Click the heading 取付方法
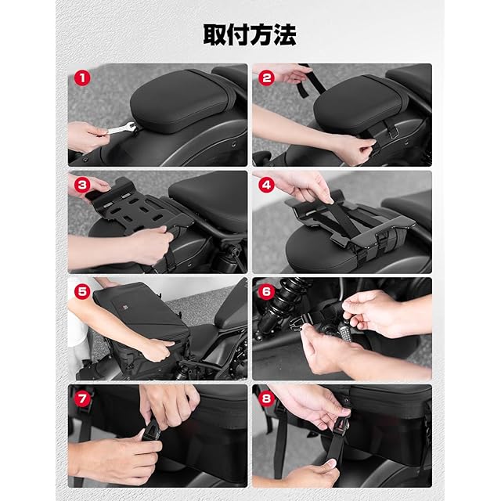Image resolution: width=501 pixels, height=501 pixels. click(250, 34)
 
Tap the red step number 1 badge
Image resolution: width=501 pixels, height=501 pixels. click(82, 78)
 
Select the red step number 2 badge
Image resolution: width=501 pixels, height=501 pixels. click(266, 78)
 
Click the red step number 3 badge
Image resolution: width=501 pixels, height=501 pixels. click(82, 185)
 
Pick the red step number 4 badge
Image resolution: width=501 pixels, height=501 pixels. click(266, 185)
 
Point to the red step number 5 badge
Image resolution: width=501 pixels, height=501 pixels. click(82, 292)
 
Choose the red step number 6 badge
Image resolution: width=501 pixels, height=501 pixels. click(266, 292)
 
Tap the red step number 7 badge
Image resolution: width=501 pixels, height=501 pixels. click(82, 398)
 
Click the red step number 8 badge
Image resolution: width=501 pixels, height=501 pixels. click(266, 398)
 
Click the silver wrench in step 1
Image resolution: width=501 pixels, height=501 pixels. click(121, 128)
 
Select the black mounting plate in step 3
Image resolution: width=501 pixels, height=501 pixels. click(141, 207)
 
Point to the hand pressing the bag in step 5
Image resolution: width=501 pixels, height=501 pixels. click(157, 349)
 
